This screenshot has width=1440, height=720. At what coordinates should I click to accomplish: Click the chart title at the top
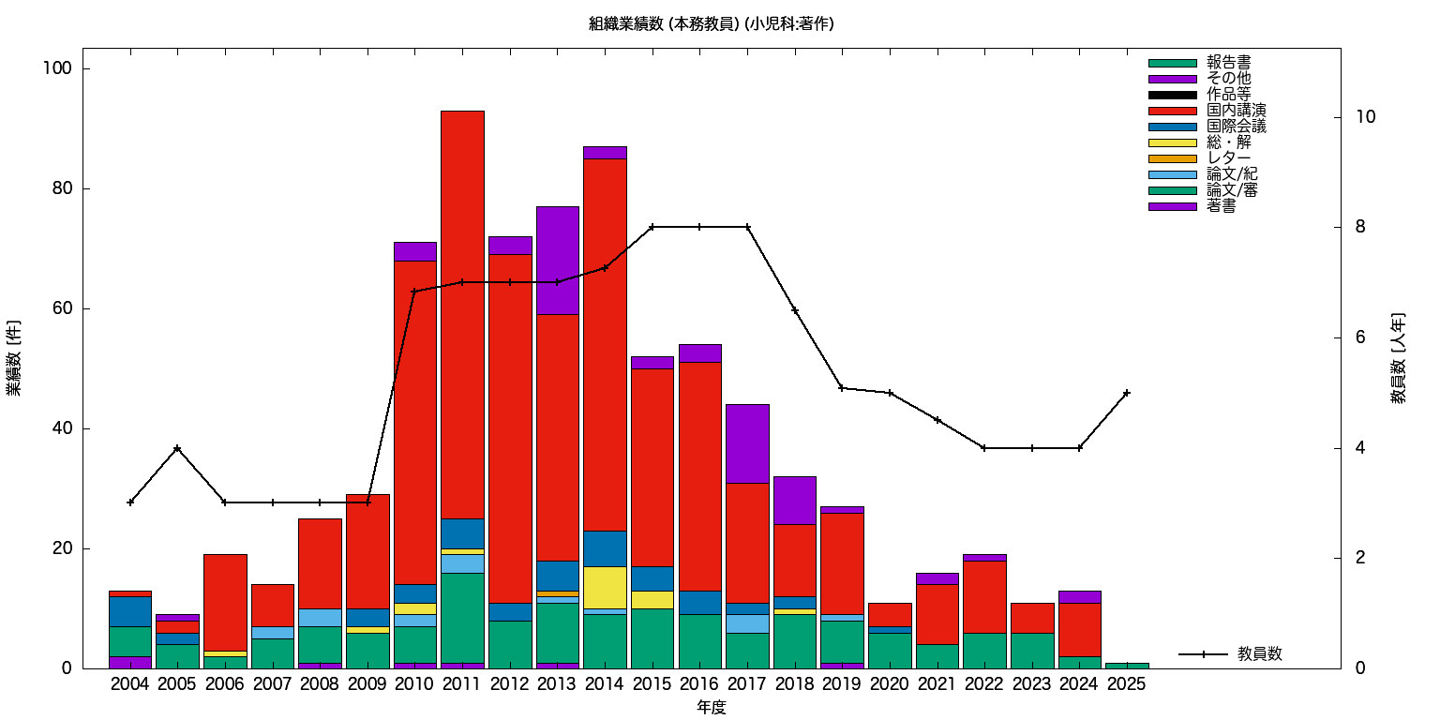711,24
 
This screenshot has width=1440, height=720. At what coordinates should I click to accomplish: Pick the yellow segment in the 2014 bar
605,587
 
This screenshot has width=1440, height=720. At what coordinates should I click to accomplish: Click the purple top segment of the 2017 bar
747,443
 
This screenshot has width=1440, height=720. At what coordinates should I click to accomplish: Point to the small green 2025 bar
1126,665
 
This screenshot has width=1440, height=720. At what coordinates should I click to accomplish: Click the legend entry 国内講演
1229,111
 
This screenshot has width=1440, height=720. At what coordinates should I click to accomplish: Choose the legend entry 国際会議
1236,127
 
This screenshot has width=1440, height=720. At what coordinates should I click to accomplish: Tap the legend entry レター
1228,158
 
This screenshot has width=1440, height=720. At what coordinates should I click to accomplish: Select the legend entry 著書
1221,206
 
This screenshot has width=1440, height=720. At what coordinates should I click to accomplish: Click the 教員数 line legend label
1259,654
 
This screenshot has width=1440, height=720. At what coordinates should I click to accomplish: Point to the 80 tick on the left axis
62,188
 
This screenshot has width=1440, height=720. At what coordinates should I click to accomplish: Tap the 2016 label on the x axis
699,684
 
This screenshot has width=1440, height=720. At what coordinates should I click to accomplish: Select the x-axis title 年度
711,708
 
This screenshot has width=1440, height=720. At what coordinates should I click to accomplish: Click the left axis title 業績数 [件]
14,358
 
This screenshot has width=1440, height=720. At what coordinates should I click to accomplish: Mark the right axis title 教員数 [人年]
1397,358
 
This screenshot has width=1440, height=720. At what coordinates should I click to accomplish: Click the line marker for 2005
177,448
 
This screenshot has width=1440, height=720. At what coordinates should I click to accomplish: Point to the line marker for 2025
1126,393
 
